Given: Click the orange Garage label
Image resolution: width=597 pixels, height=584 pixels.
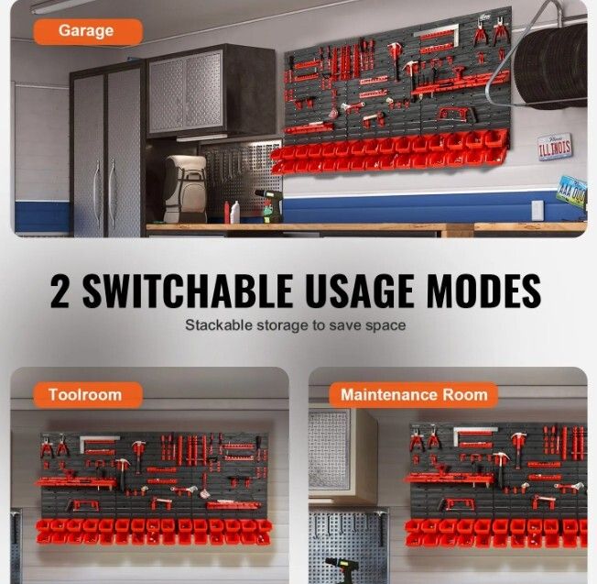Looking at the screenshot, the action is point(88,31).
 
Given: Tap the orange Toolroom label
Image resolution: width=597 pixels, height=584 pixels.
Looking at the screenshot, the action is point(88,395).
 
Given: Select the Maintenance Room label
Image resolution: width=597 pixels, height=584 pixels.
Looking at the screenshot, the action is point(414,395).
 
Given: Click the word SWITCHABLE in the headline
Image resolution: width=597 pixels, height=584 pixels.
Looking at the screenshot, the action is point(188,291).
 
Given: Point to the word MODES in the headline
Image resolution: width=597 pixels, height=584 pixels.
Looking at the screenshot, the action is point(483,291).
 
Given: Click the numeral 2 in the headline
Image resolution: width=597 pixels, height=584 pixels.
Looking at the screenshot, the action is point(60,291).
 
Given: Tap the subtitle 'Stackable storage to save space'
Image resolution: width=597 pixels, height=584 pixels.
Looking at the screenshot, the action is point(296,325).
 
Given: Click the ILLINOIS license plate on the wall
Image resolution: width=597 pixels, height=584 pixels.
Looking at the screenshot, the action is point(555,147).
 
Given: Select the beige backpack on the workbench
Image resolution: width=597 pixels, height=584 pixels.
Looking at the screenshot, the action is point(186,189).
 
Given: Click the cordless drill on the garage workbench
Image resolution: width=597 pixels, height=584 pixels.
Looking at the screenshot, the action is point(271,205).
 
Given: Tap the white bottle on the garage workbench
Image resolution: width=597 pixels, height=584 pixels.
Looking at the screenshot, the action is point(235,212).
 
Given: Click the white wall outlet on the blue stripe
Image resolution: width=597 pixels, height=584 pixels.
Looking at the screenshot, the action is point(537,211).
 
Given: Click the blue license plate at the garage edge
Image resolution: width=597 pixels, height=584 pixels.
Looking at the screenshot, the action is point(572,192).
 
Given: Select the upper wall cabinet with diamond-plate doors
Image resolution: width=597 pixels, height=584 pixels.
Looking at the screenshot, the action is point(212,91).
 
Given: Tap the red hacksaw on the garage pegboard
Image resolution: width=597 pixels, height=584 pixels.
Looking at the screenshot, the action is point(455,115).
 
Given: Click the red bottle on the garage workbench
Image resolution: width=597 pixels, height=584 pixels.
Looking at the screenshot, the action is point(227,213).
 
